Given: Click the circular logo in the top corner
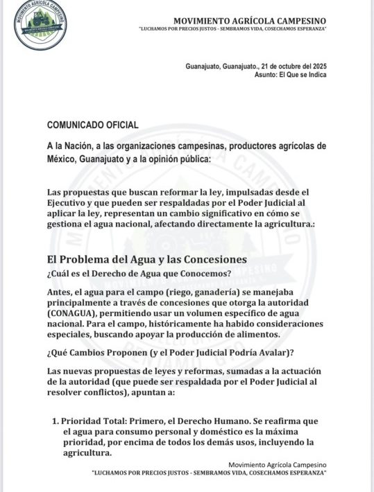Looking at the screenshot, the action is click(41, 25).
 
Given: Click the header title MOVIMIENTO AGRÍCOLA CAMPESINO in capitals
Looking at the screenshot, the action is click(249, 21).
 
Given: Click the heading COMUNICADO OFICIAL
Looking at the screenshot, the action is click(92, 125).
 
